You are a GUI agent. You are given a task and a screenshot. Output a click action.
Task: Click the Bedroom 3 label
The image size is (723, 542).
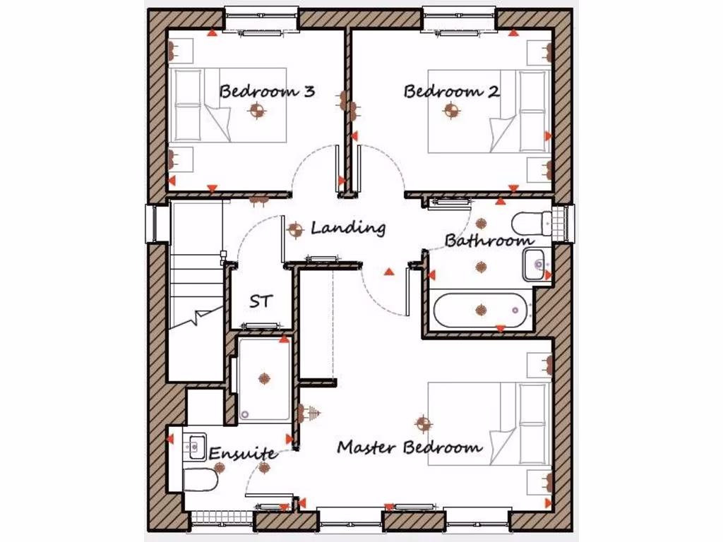pyautogui.click(x=266, y=92)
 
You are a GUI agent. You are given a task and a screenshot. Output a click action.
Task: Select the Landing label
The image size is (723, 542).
pyautogui.click(x=348, y=228)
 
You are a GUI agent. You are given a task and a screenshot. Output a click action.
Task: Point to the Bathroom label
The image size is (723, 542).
pyautogui.click(x=489, y=241)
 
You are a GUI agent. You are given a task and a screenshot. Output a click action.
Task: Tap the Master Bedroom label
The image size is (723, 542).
pyautogui.click(x=410, y=447)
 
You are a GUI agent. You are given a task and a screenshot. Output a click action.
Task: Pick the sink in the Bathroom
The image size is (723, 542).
pyautogui.click(x=537, y=265)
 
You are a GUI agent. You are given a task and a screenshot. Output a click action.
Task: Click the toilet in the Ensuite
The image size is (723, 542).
pyautogui.click(x=201, y=481)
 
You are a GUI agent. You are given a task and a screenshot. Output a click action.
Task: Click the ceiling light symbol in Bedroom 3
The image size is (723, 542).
pyautogui.click(x=256, y=110)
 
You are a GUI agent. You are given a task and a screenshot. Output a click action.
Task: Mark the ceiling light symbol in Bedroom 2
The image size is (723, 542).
pyautogui.click(x=451, y=110)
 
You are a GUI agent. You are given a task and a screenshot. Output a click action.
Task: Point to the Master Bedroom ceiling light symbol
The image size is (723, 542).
pyautogui.click(x=424, y=423)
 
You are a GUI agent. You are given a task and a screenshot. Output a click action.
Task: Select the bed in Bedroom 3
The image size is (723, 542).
pyautogui.click(x=228, y=104)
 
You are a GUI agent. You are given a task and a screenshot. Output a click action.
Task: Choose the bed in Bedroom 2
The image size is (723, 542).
pyautogui.click(x=489, y=111)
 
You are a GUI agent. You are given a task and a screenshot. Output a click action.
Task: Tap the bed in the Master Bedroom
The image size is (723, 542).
pyautogui.click(x=489, y=424)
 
